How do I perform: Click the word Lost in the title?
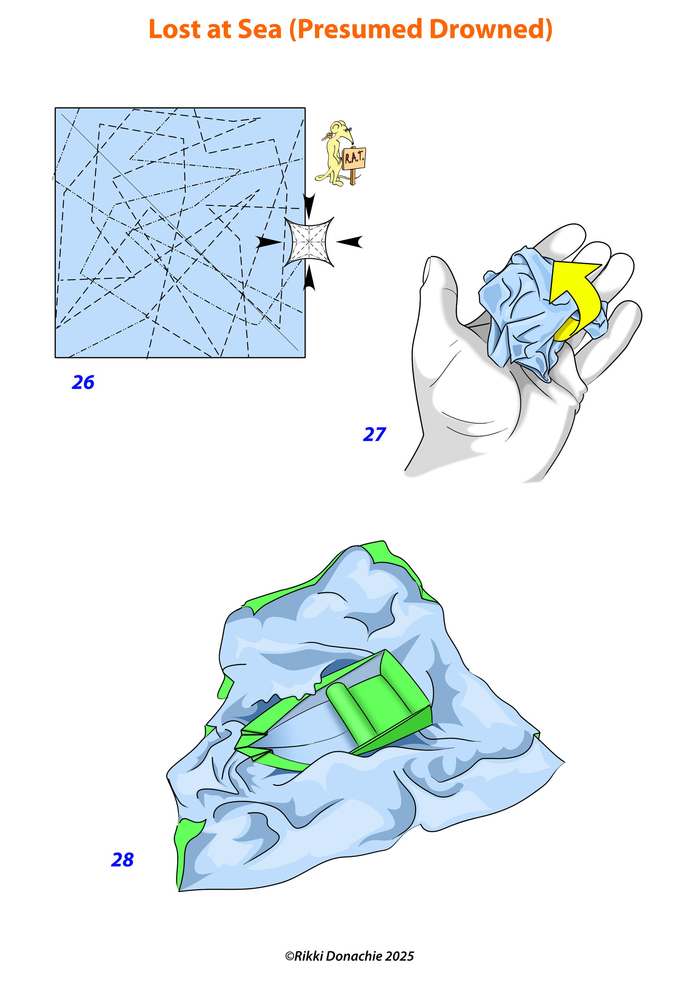pos(174,29)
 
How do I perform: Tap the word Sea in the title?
pos(260,29)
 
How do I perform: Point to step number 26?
pos(83,382)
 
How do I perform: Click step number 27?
pos(375,434)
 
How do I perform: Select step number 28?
pos(122,860)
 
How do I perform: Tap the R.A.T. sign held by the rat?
pos(354,158)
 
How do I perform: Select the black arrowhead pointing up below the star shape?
pos(309,278)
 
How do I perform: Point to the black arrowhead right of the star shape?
pos(349,242)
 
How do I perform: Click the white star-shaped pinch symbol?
pos(309,242)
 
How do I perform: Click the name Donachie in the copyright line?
pos(354,956)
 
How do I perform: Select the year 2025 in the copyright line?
pos(399,956)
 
